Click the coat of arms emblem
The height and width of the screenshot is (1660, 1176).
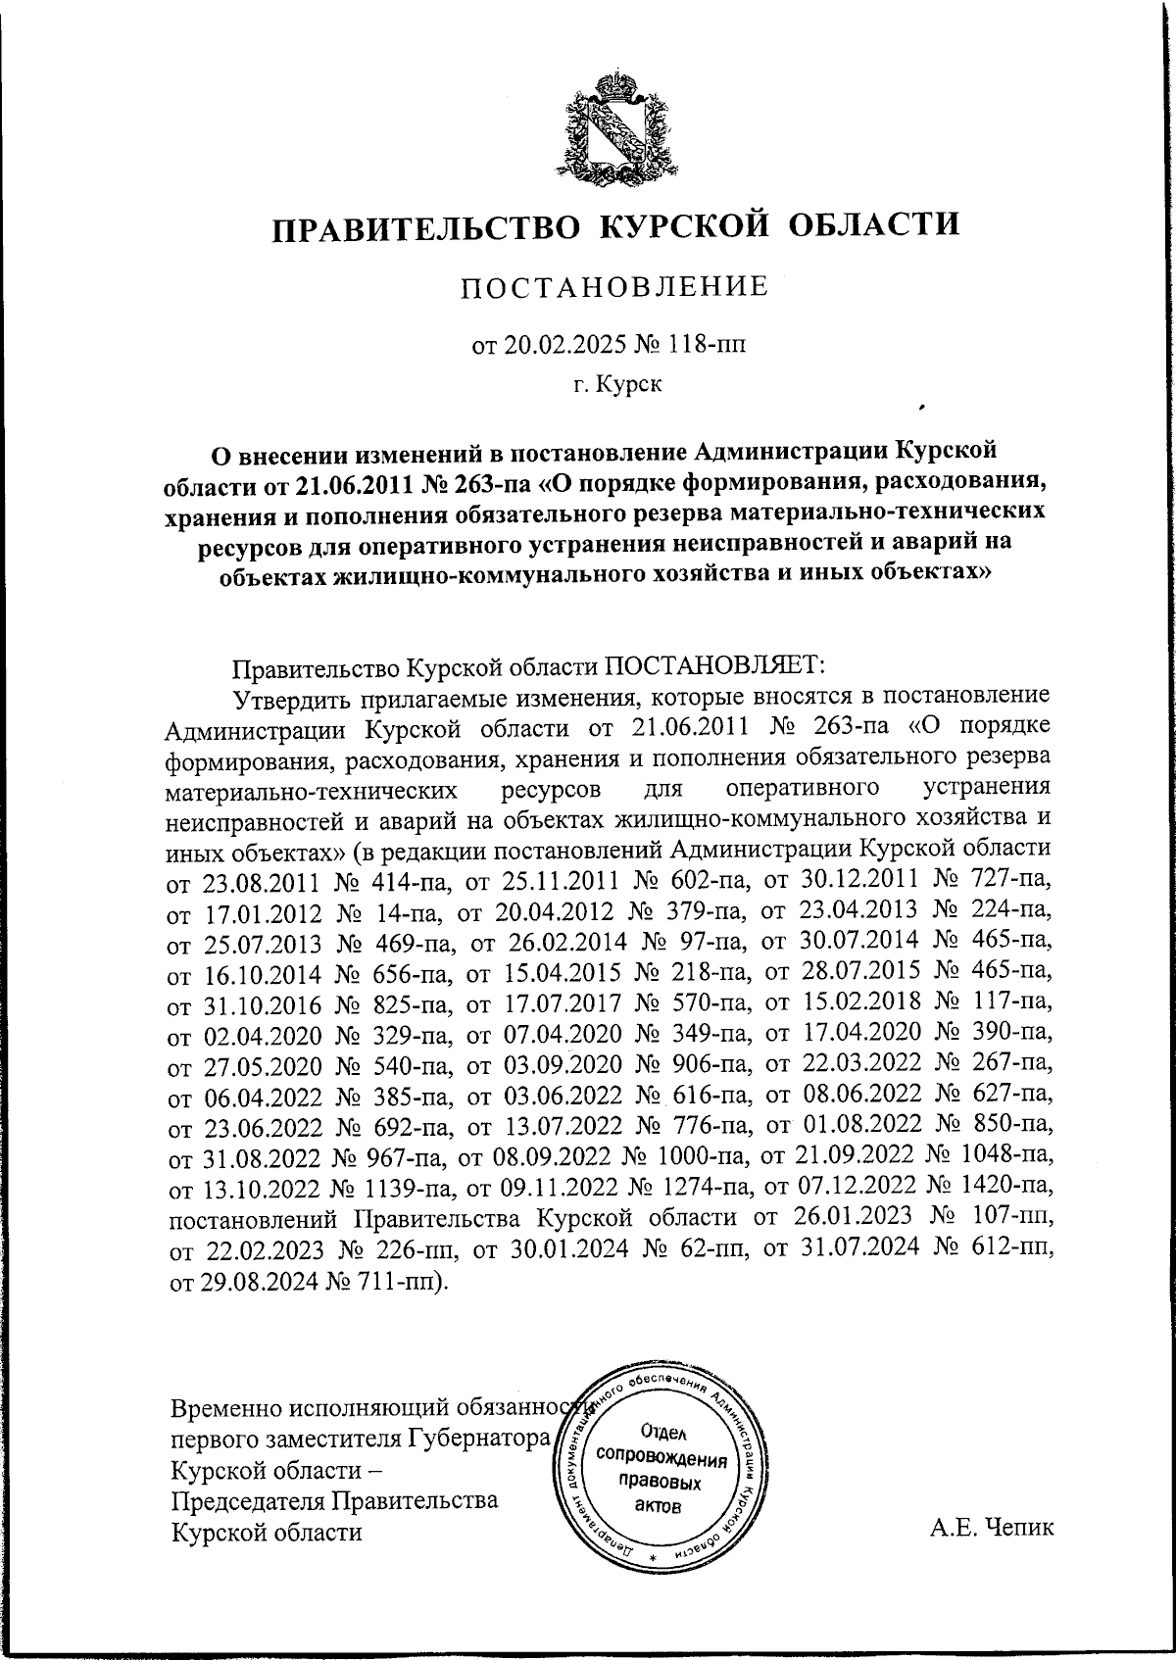614,126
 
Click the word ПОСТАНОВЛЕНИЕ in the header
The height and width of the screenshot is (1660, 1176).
614,287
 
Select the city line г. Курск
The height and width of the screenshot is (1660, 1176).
617,383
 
